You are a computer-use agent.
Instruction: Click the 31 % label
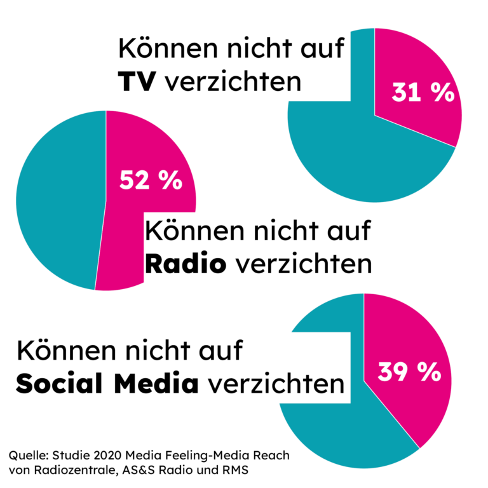click(423, 93)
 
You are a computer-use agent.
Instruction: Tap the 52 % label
click(151, 181)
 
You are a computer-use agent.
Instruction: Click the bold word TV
click(136, 81)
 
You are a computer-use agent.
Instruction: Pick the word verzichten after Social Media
click(274, 384)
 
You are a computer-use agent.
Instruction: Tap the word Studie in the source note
click(69, 456)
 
